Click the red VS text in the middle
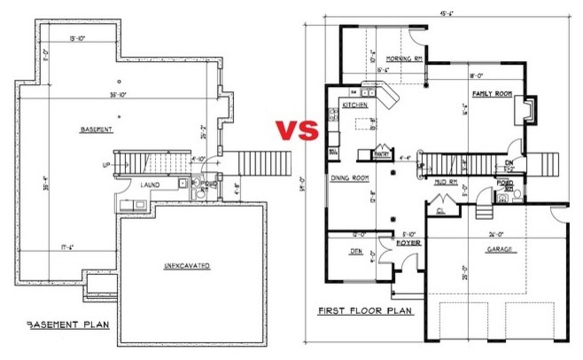point(294,132)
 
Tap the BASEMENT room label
point(96,129)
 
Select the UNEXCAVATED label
point(192,265)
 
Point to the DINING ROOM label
point(350,177)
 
